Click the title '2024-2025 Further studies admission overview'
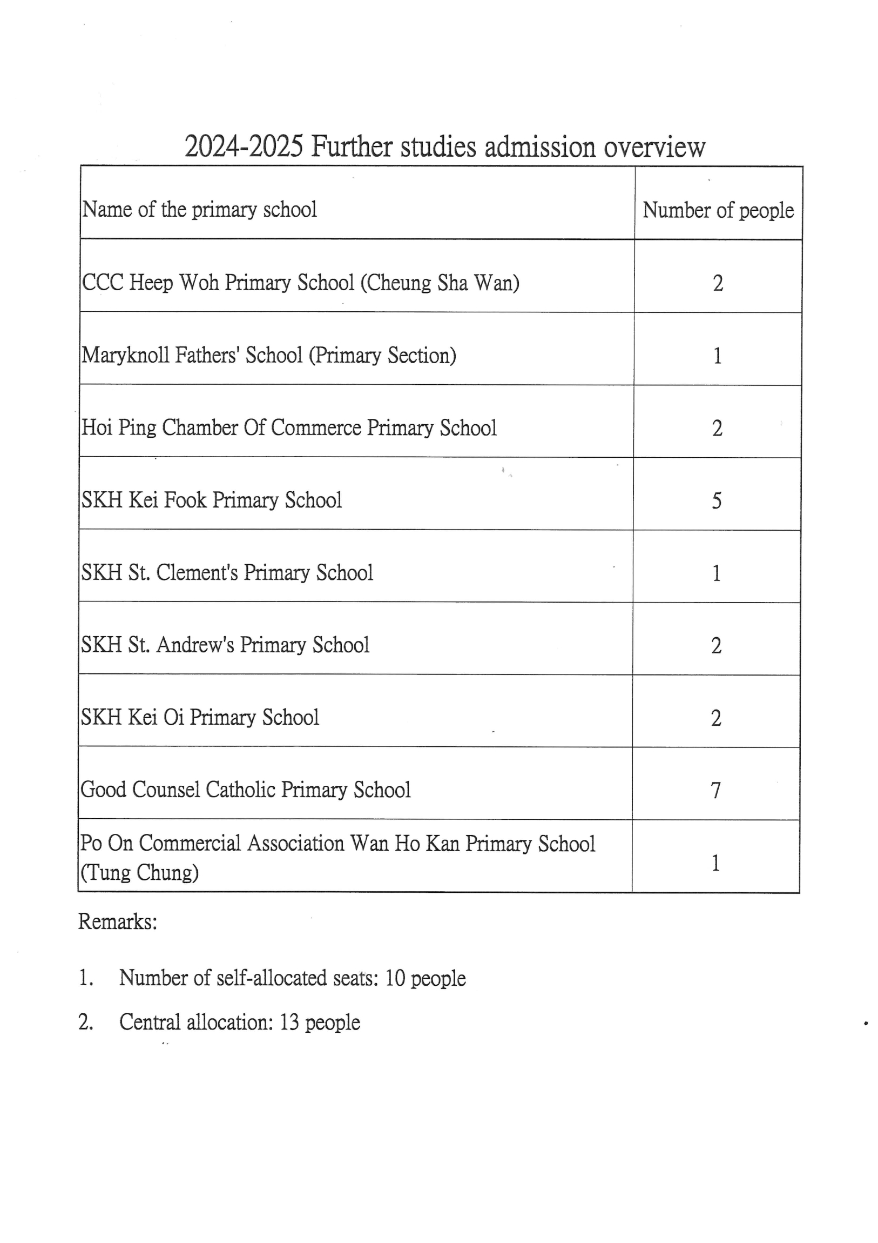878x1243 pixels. click(445, 146)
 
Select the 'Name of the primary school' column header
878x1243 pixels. click(199, 210)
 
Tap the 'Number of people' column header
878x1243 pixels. click(718, 210)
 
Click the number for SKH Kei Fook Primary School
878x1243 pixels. click(716, 500)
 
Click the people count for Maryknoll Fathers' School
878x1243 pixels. click(717, 356)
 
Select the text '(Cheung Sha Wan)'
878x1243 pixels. click(440, 283)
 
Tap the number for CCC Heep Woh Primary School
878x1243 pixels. click(718, 283)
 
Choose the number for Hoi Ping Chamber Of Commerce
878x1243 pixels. click(717, 428)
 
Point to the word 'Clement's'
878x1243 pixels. click(197, 573)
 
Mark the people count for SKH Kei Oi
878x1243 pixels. click(715, 718)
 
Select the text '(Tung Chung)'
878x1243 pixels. click(139, 872)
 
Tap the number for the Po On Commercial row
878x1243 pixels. click(715, 863)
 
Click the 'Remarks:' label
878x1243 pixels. click(117, 921)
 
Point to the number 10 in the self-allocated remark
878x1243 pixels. click(395, 978)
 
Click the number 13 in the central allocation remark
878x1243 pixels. click(289, 1022)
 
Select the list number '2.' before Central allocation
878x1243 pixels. click(86, 1022)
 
